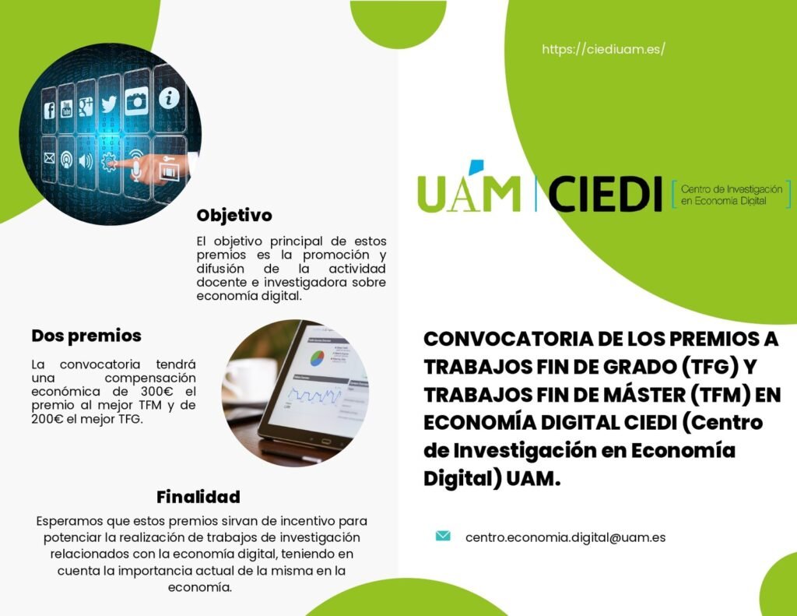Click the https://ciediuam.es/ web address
coord(603,49)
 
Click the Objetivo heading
coord(234,215)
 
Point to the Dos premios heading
coord(86,336)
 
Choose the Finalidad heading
coord(198,497)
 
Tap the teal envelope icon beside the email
coord(443,536)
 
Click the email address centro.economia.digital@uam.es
coord(565,537)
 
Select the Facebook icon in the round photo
coord(49,110)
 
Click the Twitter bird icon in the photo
coord(109,104)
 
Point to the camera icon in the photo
coord(136,100)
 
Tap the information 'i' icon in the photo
coord(169,97)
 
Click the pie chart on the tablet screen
coord(318,357)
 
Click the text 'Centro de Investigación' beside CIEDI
coord(732,189)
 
